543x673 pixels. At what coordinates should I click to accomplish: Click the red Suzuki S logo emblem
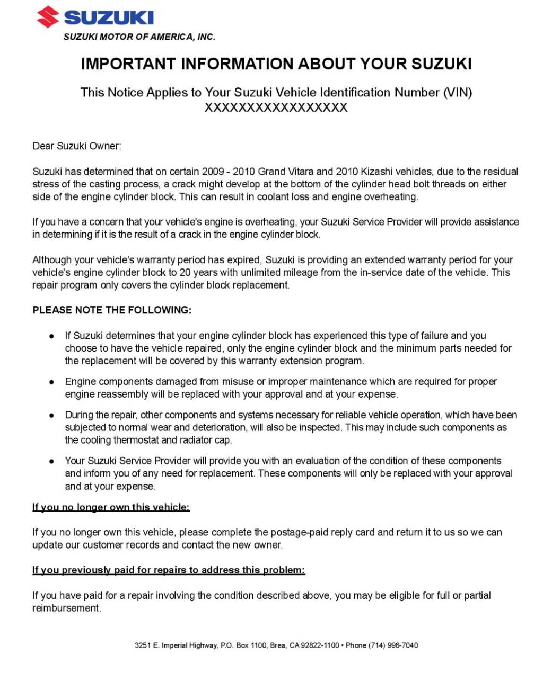click(x=47, y=17)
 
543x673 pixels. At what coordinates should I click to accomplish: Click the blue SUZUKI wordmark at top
click(x=109, y=17)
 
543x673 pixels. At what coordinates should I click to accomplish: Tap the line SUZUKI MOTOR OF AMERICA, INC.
click(x=139, y=37)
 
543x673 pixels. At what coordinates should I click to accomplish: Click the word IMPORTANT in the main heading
click(x=128, y=64)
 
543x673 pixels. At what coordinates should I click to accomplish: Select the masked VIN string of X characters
click(x=276, y=108)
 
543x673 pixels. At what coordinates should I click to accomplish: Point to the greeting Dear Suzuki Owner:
click(x=77, y=146)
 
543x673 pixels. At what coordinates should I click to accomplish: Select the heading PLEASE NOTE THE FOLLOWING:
click(x=112, y=310)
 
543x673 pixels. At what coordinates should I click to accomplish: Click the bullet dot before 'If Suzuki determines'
click(x=51, y=336)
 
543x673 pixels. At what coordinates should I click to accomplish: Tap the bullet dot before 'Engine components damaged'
click(x=51, y=382)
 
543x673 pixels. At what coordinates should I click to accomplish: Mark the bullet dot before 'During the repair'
click(x=51, y=416)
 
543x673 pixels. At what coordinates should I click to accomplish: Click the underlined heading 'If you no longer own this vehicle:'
click(x=111, y=507)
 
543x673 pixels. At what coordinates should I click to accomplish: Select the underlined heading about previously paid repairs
click(x=169, y=570)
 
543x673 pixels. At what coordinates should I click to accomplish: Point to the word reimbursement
click(x=66, y=608)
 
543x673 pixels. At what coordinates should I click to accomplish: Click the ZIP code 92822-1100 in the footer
click(x=320, y=645)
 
